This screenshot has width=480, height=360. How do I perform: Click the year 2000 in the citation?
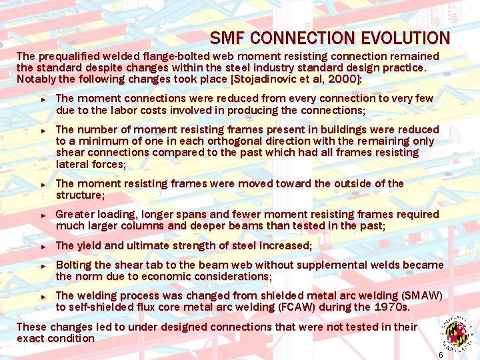[x=341, y=79]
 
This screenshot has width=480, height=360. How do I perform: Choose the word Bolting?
[x=75, y=265]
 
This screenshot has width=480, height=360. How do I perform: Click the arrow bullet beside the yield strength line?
[x=42, y=246]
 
